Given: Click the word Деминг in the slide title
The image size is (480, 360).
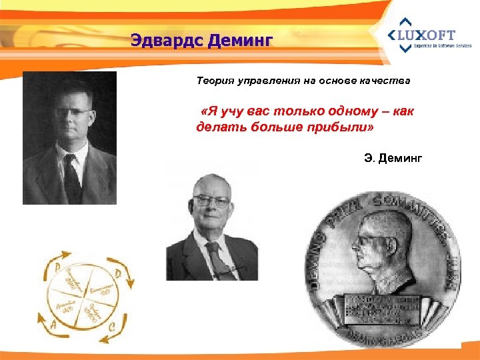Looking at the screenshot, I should [x=240, y=41].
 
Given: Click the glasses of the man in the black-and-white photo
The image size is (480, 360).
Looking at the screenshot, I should [x=72, y=112].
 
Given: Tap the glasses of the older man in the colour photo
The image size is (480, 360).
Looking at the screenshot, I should [x=211, y=200].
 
